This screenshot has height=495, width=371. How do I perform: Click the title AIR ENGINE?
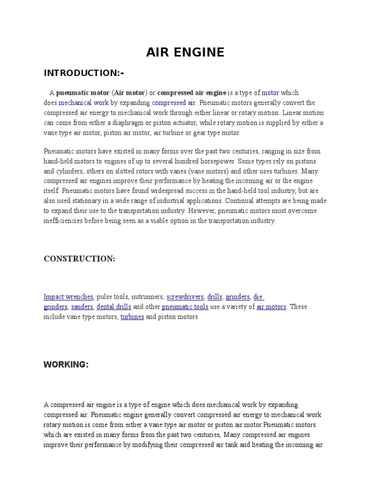pyautogui.click(x=185, y=52)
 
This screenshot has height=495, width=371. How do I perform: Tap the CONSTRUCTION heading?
pyautogui.click(x=80, y=259)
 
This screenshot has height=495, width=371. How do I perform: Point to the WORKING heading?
pyautogui.click(x=66, y=364)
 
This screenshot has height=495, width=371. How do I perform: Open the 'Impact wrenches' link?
pyautogui.click(x=68, y=297)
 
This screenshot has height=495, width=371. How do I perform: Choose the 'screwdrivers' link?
pyautogui.click(x=185, y=297)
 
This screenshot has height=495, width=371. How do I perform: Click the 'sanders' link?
pyautogui.click(x=82, y=307)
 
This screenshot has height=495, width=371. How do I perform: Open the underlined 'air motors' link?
pyautogui.click(x=271, y=307)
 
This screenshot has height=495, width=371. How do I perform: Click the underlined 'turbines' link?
pyautogui.click(x=132, y=317)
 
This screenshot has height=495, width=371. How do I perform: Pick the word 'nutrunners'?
pyautogui.click(x=147, y=297)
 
